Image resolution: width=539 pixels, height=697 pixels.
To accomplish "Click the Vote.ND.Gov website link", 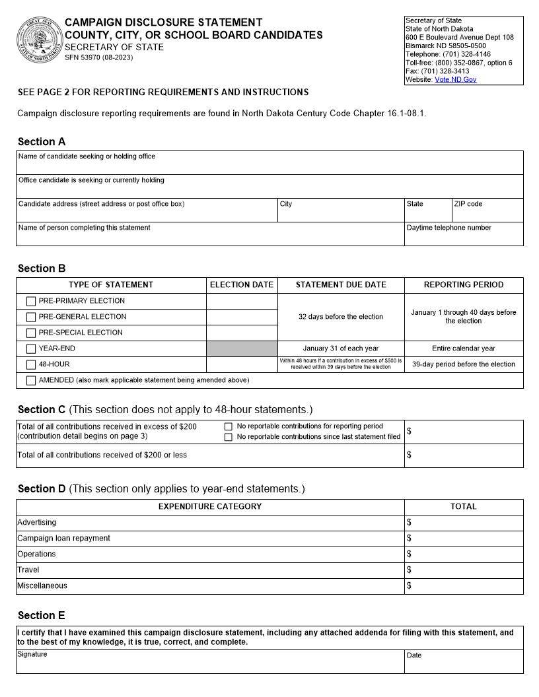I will [x=455, y=80].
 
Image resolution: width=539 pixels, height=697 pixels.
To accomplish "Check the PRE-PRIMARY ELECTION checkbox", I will [x=31, y=302].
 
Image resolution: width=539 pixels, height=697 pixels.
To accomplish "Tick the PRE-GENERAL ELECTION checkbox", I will [x=31, y=317].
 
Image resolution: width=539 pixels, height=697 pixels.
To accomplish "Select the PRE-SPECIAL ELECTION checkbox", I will [x=31, y=333].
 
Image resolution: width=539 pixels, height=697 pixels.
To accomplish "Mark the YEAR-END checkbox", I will [x=31, y=349].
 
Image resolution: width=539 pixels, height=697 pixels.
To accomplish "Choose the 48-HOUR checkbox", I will [x=31, y=365].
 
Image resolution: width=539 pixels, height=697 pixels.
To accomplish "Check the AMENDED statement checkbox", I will [x=31, y=381].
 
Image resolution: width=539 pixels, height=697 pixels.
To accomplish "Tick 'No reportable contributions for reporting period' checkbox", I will [x=229, y=427].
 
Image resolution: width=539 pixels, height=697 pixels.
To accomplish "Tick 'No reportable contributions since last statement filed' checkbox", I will [x=229, y=438].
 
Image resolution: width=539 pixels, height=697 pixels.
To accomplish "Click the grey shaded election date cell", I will [x=242, y=349].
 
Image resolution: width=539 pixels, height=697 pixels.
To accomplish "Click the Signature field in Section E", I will [x=210, y=664].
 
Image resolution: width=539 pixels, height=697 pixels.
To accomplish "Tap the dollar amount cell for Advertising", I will [x=464, y=523].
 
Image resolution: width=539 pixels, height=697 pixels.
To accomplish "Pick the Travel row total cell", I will [x=464, y=570].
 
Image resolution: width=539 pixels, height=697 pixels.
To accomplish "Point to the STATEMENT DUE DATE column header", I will [x=341, y=285].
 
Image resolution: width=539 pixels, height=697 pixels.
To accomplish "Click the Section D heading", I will [x=42, y=489].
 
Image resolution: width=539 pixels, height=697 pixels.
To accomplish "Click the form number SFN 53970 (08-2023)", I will [x=98, y=58].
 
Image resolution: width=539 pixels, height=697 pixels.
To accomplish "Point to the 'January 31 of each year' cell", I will [x=341, y=348].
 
